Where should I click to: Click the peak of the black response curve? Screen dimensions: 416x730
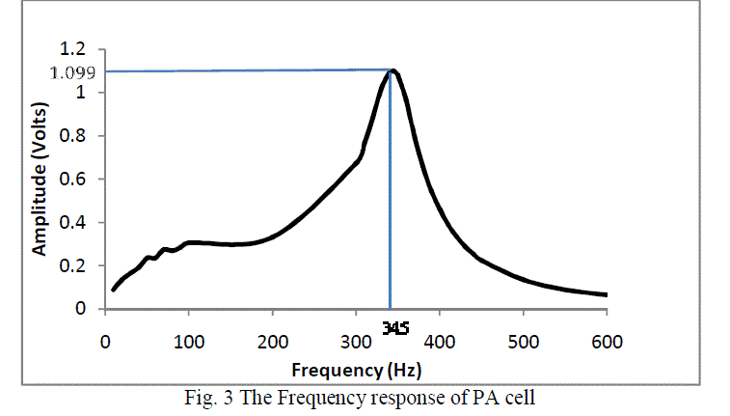pyautogui.click(x=393, y=70)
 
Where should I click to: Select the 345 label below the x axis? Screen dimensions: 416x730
pyautogui.click(x=395, y=329)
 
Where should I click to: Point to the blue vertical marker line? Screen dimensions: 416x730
pyautogui.click(x=390, y=193)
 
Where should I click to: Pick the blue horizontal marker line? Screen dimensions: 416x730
pyautogui.click(x=241, y=70)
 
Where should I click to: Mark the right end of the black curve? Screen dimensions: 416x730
pyautogui.click(x=606, y=294)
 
